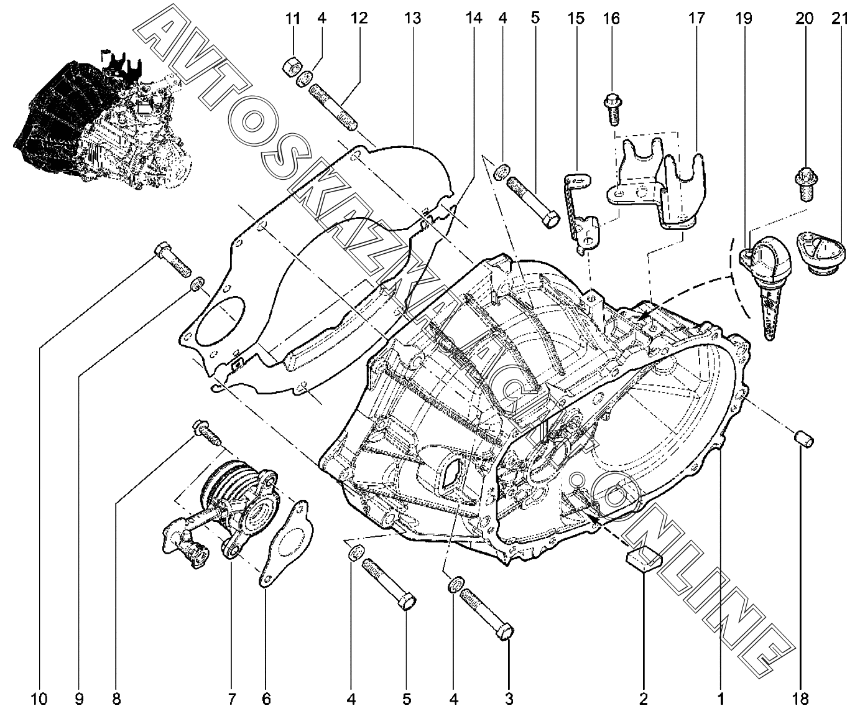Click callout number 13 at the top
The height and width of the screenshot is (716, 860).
412,18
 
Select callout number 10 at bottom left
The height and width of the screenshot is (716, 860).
39,699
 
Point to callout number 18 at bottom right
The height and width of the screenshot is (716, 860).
801,699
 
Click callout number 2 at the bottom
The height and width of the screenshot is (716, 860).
643,699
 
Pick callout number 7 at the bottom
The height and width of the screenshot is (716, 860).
231,699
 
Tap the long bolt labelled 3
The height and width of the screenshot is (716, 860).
486,613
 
